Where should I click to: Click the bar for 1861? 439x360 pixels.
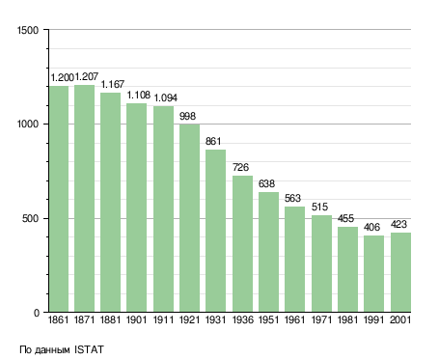tap(59, 199)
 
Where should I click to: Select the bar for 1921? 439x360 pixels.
tap(189, 218)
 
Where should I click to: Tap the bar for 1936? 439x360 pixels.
tap(242, 244)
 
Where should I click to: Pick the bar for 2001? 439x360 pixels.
tap(400, 272)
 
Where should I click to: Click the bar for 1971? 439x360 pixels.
tap(321, 263)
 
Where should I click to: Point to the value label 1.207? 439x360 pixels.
tap(87, 77)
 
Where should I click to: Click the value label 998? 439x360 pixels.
tap(187, 116)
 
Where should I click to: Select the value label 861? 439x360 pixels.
tap(213, 141)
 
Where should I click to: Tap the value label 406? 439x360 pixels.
tap(371, 227)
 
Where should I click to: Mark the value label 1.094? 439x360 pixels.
tap(166, 97)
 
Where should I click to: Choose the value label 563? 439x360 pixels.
tap(292, 198)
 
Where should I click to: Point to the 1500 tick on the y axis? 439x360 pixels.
tap(28, 30)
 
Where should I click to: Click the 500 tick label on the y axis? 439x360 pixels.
tap(30, 219)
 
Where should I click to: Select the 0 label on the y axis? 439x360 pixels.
tap(37, 313)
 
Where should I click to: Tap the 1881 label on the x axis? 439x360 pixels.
tap(110, 319)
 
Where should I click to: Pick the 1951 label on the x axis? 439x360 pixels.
tap(268, 319)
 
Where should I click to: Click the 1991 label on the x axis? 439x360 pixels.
tap(373, 319)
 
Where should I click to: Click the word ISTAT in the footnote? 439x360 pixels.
tap(89, 349)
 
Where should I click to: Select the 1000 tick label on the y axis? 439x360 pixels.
tap(28, 125)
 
